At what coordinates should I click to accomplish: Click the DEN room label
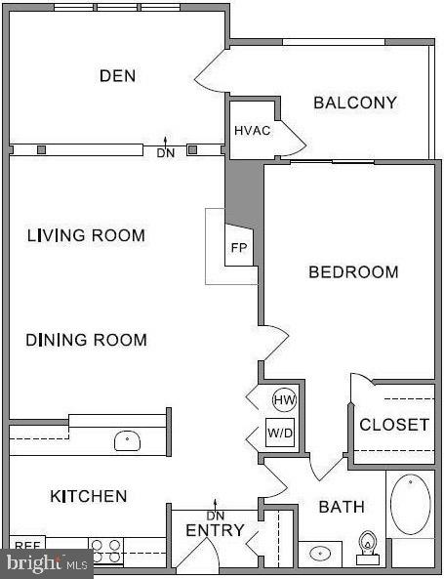coord(117,75)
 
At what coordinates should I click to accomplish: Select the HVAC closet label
coord(252,131)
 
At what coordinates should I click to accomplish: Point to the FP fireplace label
coord(238,248)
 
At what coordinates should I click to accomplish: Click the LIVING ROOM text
coord(86,235)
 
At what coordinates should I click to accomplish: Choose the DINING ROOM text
coord(86,340)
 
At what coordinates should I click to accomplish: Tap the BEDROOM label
coord(353,272)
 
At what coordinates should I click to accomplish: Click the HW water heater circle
coord(284,399)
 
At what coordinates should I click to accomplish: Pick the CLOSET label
coord(394,425)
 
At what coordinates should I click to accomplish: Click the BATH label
coord(342,507)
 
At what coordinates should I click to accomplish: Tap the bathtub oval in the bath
coord(411,504)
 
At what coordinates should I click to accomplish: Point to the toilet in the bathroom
coord(369,548)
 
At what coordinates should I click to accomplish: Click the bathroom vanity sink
coord(319,554)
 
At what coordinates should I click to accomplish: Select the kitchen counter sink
coord(128,441)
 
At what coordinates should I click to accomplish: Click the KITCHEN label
coord(88,496)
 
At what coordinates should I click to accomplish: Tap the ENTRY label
coord(214,531)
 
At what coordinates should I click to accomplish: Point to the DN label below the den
coord(165,152)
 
